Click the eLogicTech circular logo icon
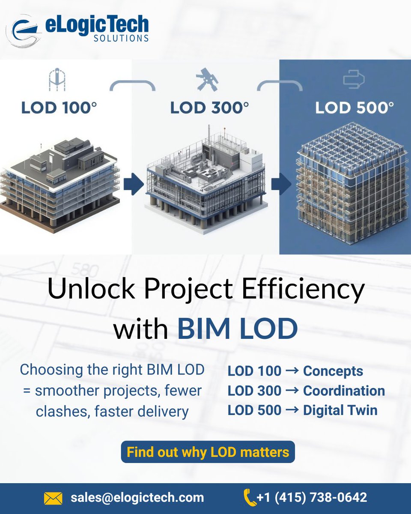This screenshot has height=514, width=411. [24, 30]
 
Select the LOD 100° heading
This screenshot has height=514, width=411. [59, 108]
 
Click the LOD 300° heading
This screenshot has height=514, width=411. [209, 108]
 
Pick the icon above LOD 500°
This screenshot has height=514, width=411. [353, 80]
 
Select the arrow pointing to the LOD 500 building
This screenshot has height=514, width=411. [281, 183]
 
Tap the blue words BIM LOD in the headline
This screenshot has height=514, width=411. [237, 329]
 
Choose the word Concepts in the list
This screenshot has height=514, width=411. [333, 371]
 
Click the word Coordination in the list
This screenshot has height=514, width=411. [344, 391]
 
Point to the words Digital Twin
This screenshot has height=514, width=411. [340, 410]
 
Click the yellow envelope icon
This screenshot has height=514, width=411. [53, 498]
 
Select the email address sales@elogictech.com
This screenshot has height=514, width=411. [137, 498]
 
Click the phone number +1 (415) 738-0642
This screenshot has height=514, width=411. [312, 498]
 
